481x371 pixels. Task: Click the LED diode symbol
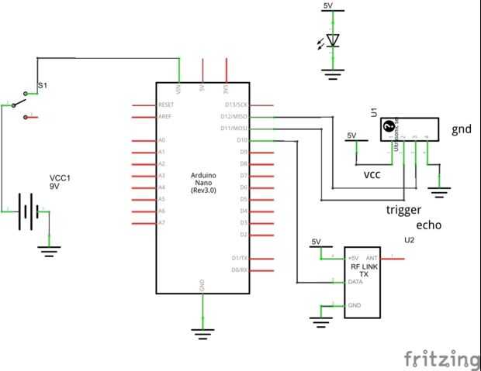[333, 40]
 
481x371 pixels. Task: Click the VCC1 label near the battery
[61, 177]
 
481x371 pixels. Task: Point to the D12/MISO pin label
[236, 116]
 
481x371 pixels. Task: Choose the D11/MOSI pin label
[236, 128]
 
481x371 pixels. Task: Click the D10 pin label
[241, 140]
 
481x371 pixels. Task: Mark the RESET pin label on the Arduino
[166, 105]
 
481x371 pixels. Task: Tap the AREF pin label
[164, 116]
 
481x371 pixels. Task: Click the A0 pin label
[161, 140]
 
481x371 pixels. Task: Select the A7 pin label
[161, 223]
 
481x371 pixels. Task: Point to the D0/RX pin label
[239, 270]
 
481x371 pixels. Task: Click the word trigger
[403, 210]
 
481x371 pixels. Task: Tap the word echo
[429, 225]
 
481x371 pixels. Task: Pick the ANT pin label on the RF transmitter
[372, 258]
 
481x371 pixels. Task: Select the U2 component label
[409, 240]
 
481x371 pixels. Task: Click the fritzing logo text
[441, 359]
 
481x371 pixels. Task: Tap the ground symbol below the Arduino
[202, 332]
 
